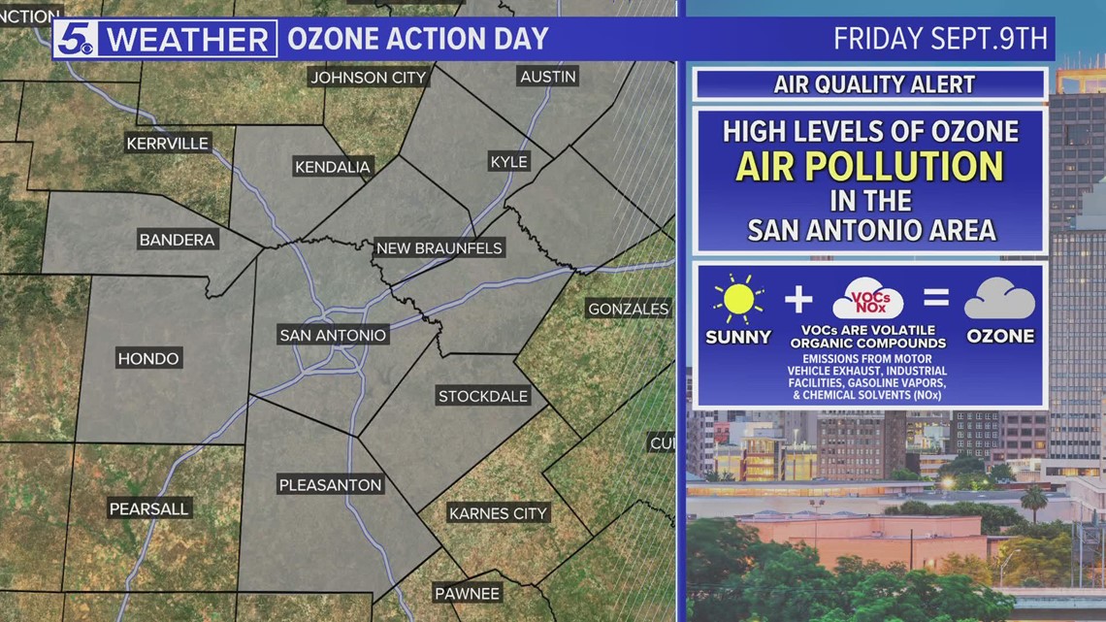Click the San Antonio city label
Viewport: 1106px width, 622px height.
tap(333, 335)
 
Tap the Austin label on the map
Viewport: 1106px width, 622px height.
tap(548, 77)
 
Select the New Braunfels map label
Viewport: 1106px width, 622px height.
tap(439, 248)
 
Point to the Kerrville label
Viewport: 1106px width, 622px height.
tap(168, 144)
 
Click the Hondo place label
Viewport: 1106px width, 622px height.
tap(148, 359)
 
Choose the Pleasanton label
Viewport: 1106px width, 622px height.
tap(331, 485)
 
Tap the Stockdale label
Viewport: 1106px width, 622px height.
tap(483, 396)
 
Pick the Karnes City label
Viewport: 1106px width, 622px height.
tap(499, 513)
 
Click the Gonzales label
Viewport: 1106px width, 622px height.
tap(628, 310)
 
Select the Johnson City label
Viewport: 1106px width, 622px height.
tap(368, 78)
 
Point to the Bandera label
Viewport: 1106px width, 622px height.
tap(177, 240)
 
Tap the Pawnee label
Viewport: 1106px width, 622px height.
tap(467, 594)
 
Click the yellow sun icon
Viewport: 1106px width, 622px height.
tap(738, 299)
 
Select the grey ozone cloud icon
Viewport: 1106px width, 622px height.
tap(999, 299)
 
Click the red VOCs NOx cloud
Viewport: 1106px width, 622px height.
tap(867, 298)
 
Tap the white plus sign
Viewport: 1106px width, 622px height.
tap(798, 299)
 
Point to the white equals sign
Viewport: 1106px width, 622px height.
tap(934, 299)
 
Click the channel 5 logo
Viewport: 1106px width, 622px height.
tap(76, 40)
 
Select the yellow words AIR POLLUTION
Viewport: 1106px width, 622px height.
tap(869, 167)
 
